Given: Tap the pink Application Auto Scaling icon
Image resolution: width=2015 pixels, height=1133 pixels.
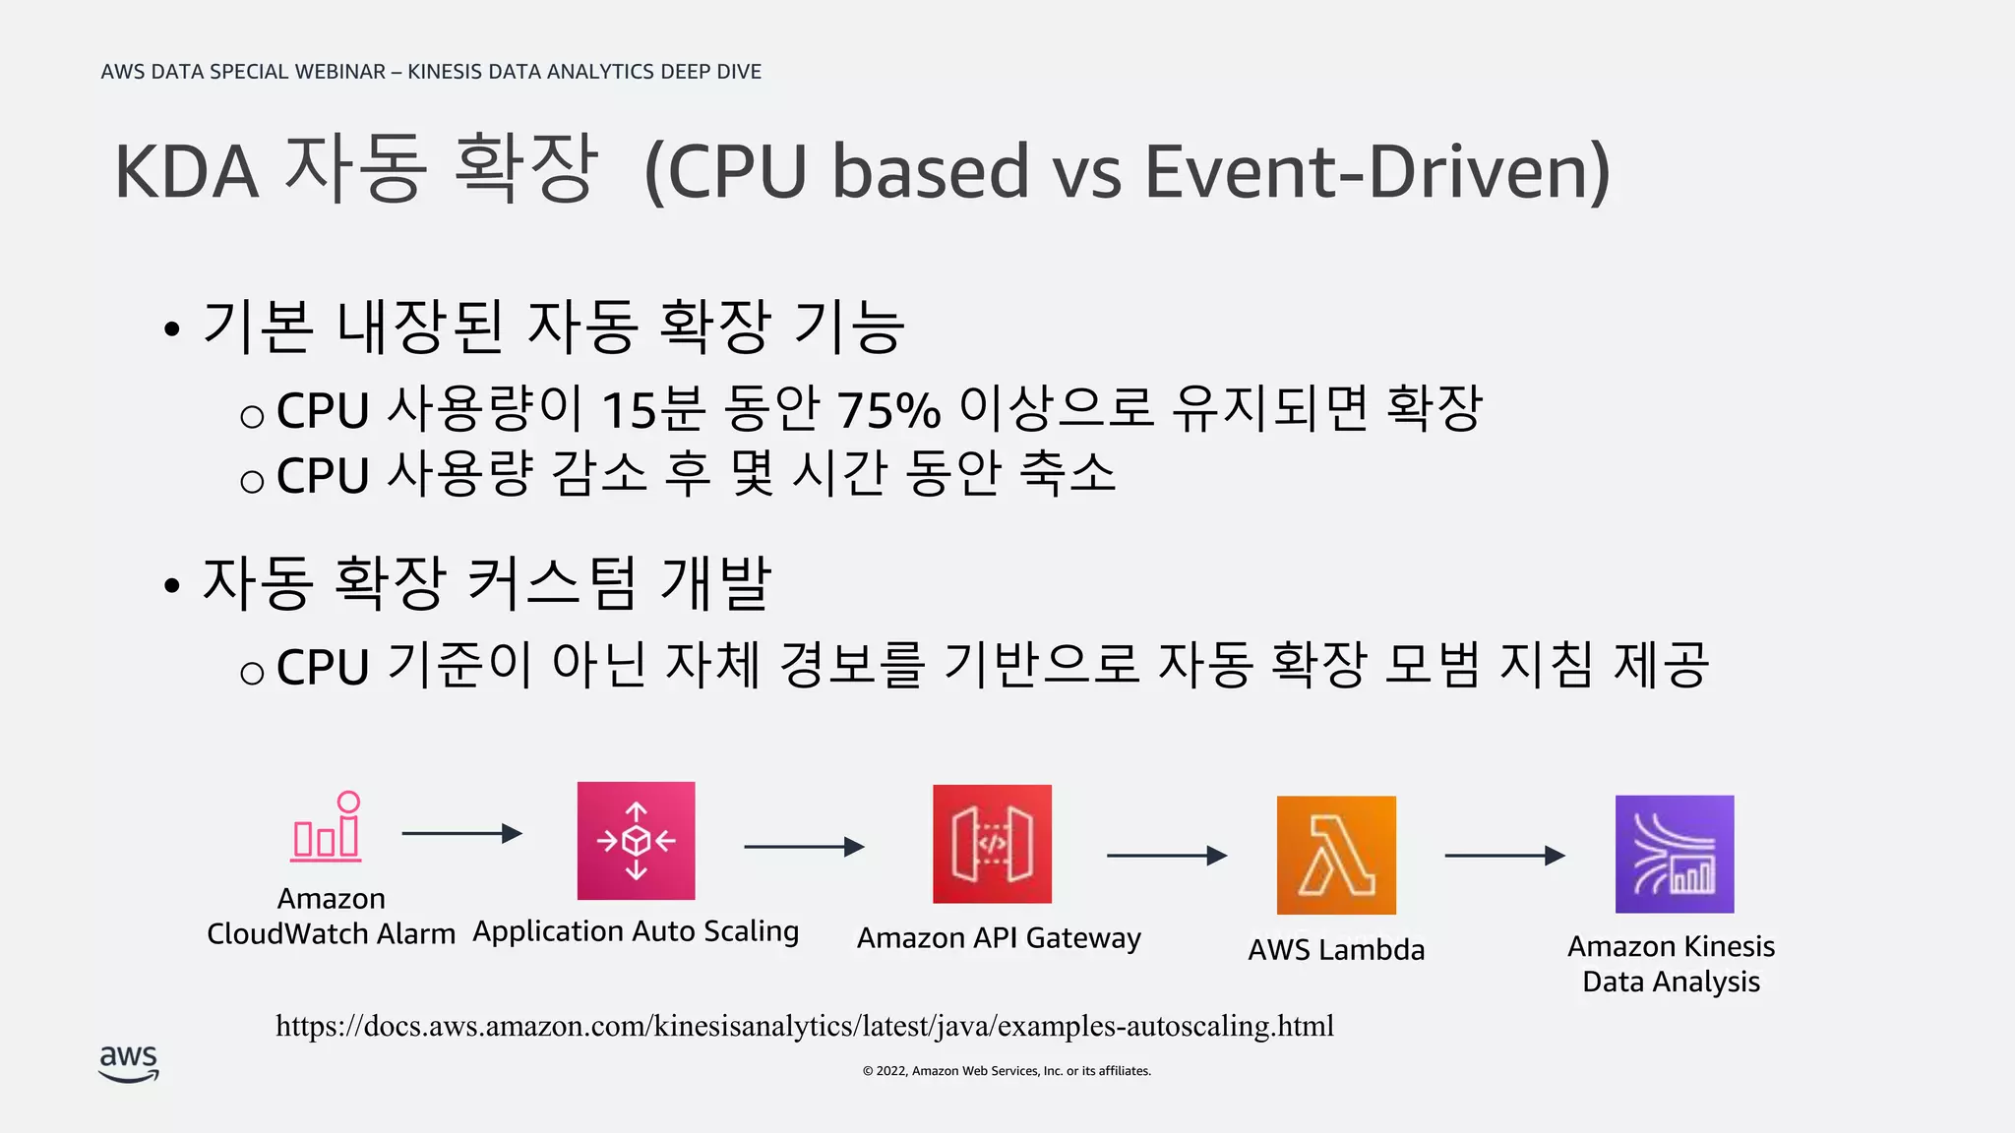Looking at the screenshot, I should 636,841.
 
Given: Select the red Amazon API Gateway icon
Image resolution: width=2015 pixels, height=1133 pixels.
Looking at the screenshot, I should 992,844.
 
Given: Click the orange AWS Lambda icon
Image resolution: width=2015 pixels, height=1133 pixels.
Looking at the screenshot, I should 1336,855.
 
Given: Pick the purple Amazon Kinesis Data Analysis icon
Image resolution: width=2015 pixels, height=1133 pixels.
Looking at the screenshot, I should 1675,854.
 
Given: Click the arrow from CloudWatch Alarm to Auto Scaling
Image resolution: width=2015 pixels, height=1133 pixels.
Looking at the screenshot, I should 461,833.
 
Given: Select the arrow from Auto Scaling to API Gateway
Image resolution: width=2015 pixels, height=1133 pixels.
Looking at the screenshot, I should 804,846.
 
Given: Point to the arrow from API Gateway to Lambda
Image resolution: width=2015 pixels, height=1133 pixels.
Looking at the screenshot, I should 1167,856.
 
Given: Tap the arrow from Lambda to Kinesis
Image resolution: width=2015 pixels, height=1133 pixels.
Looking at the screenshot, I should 1504,856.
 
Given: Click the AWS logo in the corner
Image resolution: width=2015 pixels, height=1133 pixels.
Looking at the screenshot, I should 129,1063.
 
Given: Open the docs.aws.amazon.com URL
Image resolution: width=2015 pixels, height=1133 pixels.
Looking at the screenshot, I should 805,1026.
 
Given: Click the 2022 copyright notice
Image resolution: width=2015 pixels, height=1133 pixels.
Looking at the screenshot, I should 1007,1071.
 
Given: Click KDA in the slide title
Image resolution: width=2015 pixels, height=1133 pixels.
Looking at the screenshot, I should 187,171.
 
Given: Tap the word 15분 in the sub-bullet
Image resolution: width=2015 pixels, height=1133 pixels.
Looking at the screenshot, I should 653,410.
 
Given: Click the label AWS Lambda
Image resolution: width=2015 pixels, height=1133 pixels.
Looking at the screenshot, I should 1336,950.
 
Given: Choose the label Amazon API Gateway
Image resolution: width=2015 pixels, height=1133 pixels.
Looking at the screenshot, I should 999,938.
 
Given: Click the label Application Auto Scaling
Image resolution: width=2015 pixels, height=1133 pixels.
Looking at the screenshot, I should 636,931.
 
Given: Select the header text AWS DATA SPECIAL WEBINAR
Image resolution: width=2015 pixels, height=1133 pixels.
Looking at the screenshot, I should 243,72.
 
